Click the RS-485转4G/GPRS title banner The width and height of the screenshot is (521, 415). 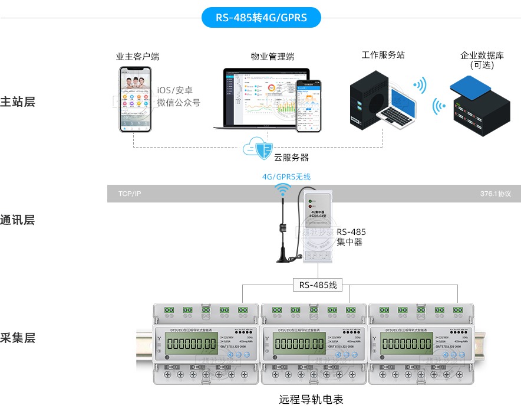coord(261,18)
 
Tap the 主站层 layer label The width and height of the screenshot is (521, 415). coord(18,102)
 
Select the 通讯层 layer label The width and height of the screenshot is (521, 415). coord(18,220)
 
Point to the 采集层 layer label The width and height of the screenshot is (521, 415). coord(18,338)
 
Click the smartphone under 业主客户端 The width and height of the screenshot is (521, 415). coord(134,99)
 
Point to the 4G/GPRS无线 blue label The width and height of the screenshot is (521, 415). coord(286,177)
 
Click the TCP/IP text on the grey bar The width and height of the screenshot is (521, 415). coord(130,194)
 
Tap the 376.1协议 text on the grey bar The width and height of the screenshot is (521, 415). coord(495,194)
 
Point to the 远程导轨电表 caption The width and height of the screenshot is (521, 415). coord(311,400)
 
